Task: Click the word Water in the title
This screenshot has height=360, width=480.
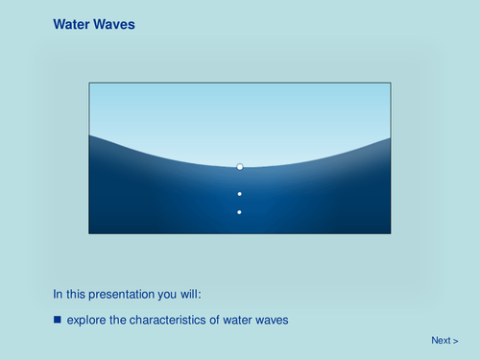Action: point(71,24)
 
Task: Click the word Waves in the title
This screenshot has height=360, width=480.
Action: point(114,24)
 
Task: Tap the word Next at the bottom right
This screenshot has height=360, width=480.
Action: point(441,341)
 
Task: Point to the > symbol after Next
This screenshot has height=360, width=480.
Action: point(456,341)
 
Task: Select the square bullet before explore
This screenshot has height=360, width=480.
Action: point(58,319)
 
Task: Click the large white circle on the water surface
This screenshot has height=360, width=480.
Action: point(240,167)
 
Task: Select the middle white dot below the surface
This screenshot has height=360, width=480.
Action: point(240,194)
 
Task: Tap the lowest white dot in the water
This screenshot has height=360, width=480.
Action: point(240,211)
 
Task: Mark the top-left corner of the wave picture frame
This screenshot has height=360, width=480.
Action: point(89,83)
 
